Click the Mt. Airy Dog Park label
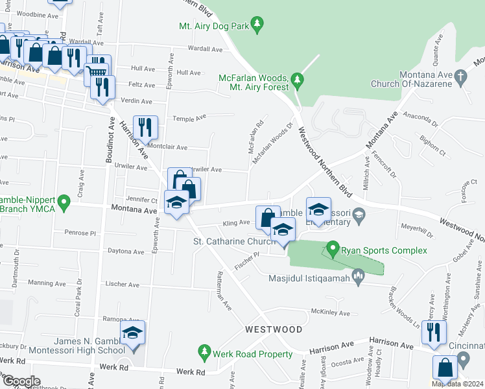214,27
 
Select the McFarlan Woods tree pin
298,81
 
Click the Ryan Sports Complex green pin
333,248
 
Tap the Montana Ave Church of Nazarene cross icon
460,76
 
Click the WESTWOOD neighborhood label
274,329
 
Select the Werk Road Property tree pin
204,352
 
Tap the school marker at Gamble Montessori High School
132,335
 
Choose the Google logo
21,381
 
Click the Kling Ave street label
237,222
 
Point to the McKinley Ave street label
331,313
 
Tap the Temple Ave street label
189,117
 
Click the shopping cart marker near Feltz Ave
97,67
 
